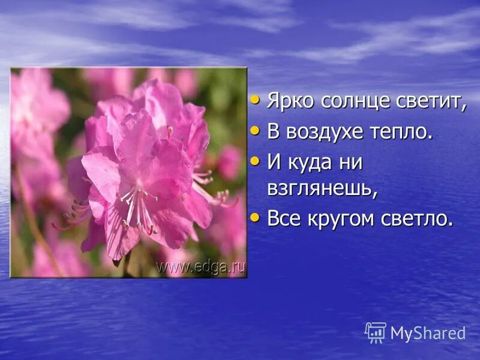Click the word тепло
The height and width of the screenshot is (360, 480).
tap(401, 131)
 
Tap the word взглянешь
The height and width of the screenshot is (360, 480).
tap(322, 188)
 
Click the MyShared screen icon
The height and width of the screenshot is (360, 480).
tap(376, 332)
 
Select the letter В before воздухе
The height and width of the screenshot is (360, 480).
tap(273, 131)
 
